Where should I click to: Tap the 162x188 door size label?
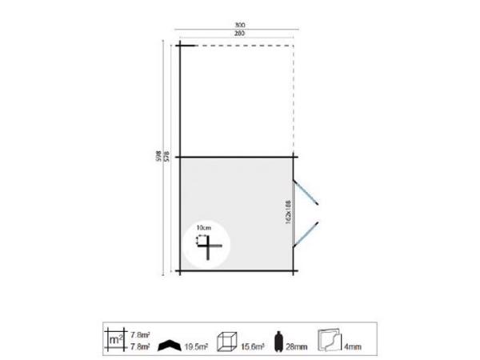coord(287,212)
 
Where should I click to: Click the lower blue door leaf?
coord(308,233)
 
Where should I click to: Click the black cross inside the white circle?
coord(209,248)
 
